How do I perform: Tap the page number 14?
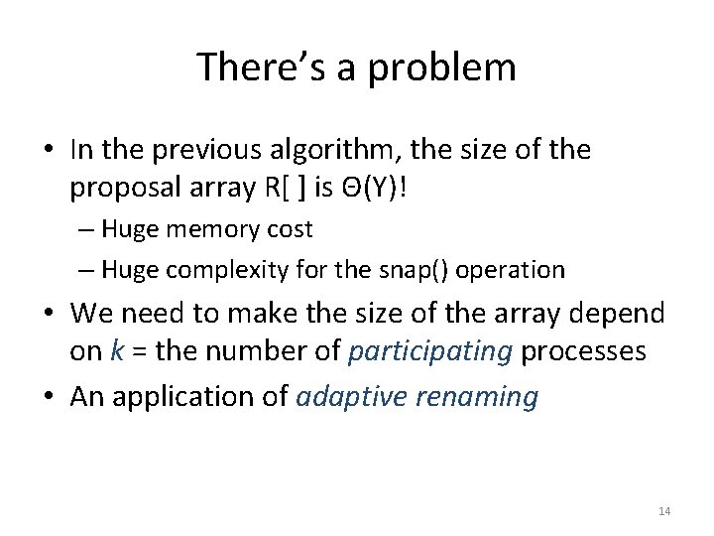tap(664, 510)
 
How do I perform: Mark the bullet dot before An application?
tap(50, 397)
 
